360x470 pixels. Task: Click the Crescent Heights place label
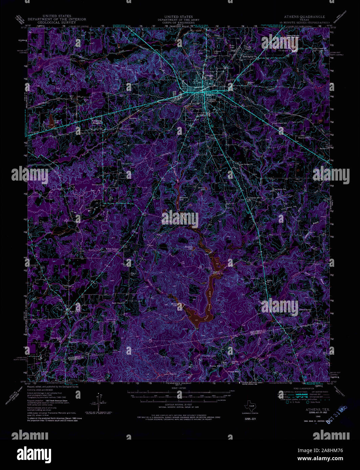click(97, 121)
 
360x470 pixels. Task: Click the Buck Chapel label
click(117, 303)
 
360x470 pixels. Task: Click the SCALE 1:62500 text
click(179, 388)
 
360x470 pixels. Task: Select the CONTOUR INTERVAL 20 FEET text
click(179, 404)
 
